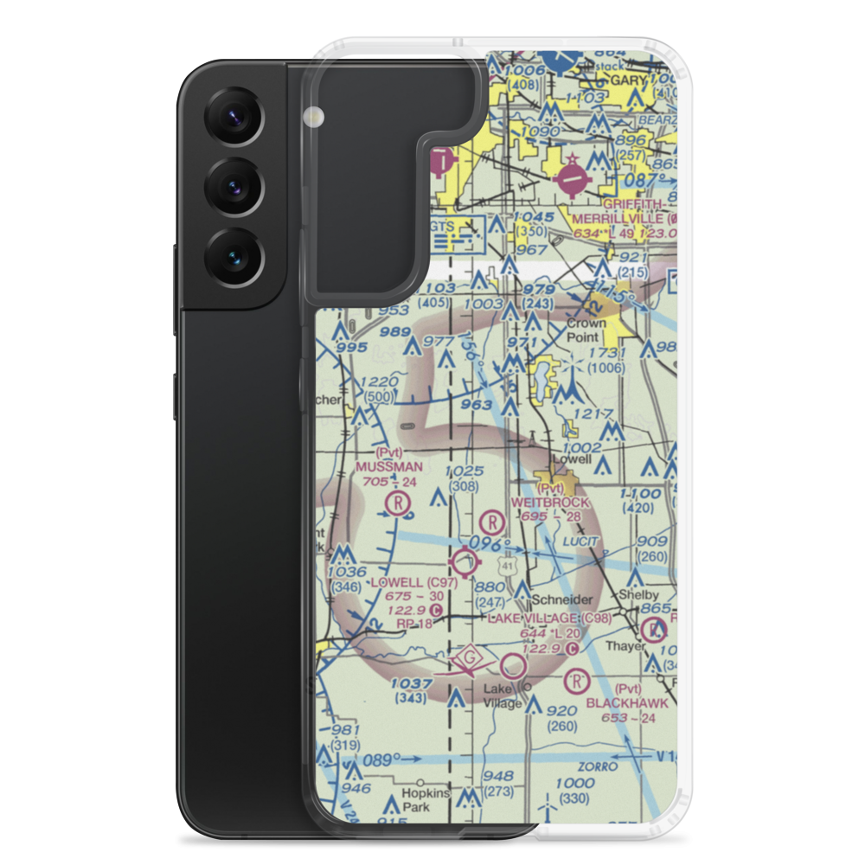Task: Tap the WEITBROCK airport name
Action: (x=550, y=503)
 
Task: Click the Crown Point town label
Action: (x=586, y=329)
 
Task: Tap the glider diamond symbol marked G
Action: (x=470, y=660)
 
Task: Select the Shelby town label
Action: (x=637, y=596)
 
